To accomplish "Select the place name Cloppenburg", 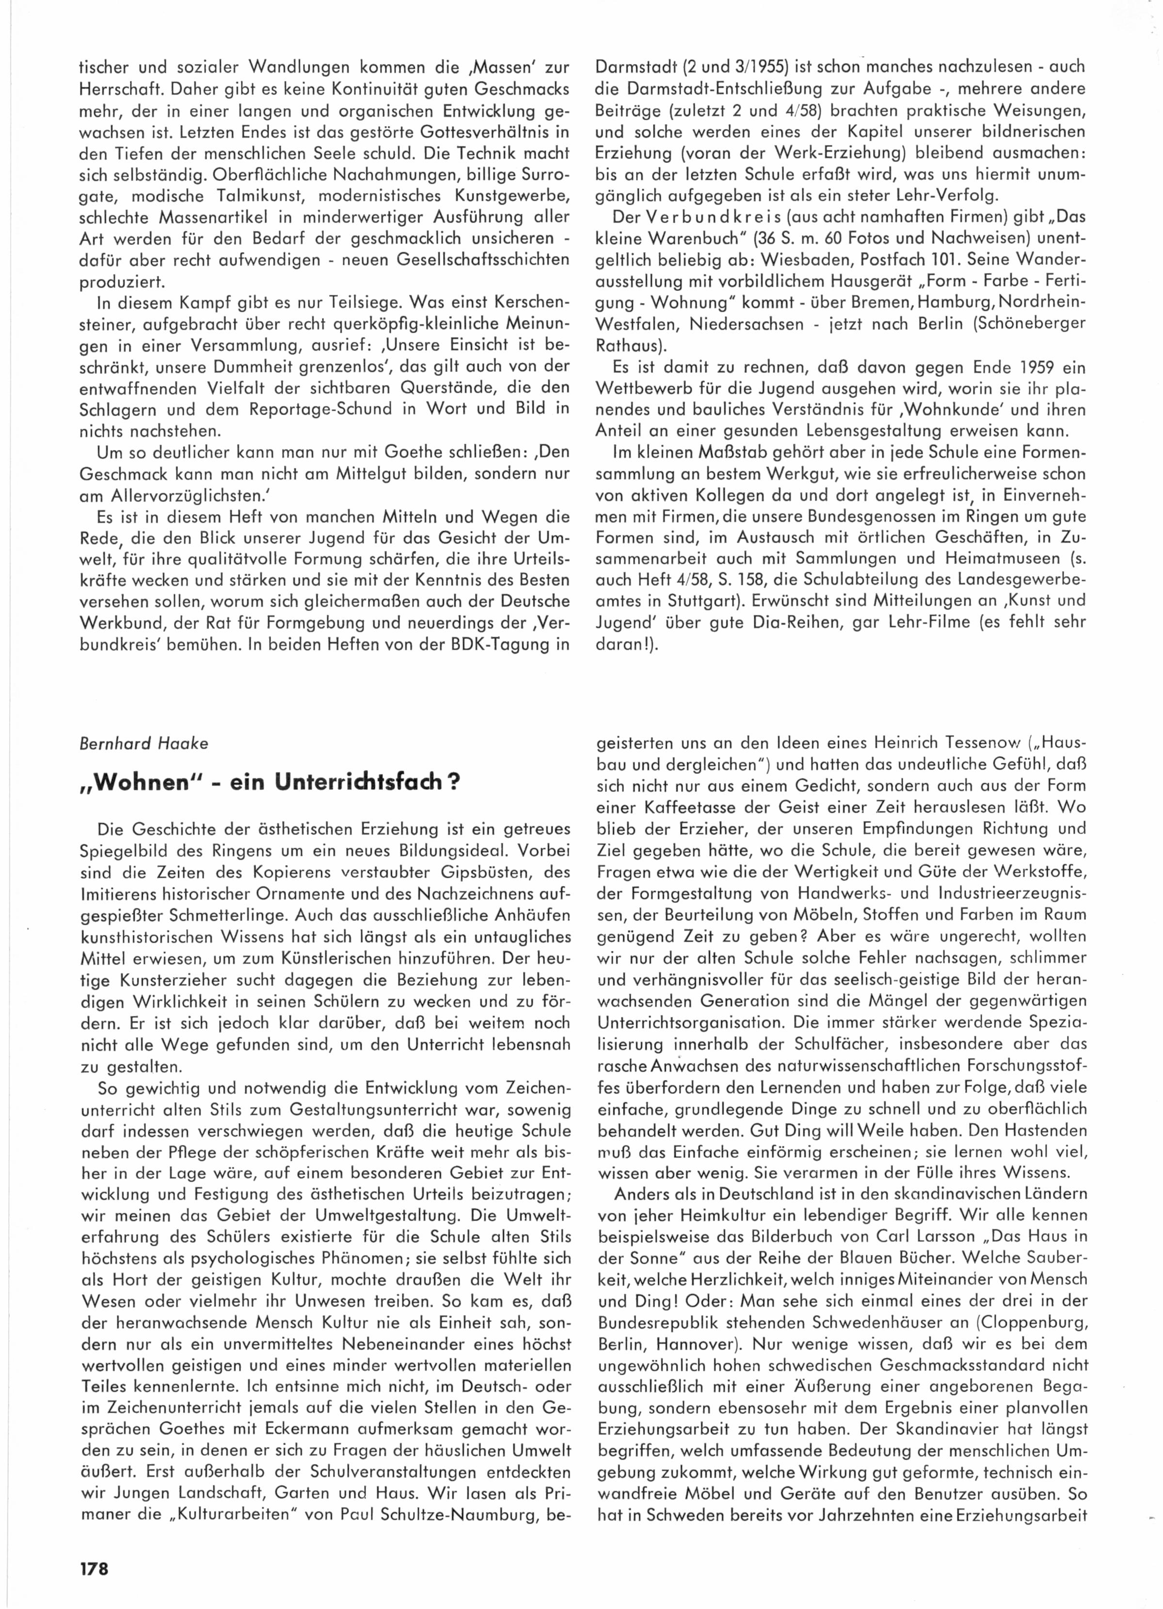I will tap(1019, 1323).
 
